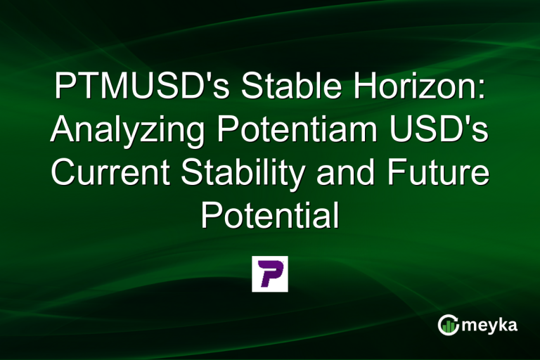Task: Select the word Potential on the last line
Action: [x=269, y=214]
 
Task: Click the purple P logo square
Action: [x=270, y=274]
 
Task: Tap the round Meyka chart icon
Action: [x=447, y=324]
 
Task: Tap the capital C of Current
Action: [x=64, y=172]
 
